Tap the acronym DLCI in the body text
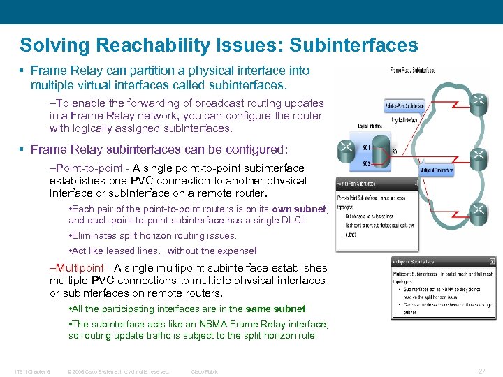pyautogui.click(x=293, y=221)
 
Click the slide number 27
pyautogui.click(x=481, y=371)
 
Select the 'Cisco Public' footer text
pyautogui.click(x=205, y=371)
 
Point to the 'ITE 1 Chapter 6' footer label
pyautogui.click(x=31, y=371)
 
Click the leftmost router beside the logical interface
pyautogui.click(x=346, y=147)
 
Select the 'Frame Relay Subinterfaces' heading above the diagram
pyautogui.click(x=411, y=71)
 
